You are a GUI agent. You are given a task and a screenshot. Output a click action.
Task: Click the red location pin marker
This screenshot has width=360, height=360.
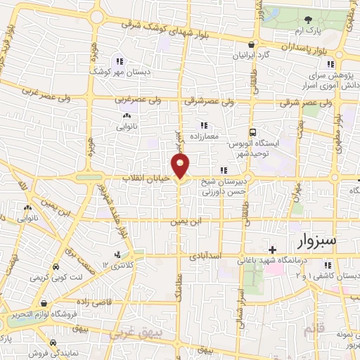coord(181,166)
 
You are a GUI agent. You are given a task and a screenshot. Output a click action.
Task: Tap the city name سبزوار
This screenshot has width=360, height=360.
coord(317,241)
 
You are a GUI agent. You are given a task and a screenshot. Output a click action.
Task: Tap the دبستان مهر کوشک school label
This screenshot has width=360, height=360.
coord(116,71)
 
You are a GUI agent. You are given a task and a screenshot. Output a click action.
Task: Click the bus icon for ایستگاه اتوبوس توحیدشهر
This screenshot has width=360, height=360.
coord(252,131)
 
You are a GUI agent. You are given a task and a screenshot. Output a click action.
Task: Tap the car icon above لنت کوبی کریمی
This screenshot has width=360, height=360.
coord(56,267)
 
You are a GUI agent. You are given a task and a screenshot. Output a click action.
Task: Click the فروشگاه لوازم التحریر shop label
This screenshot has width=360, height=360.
coord(37,314)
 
